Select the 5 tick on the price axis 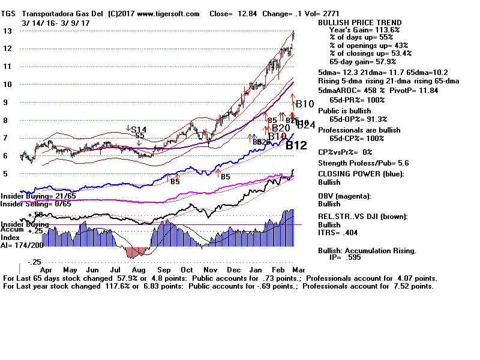pos(6,174)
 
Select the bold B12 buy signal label pos(296,145)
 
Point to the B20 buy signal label pos(281,128)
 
